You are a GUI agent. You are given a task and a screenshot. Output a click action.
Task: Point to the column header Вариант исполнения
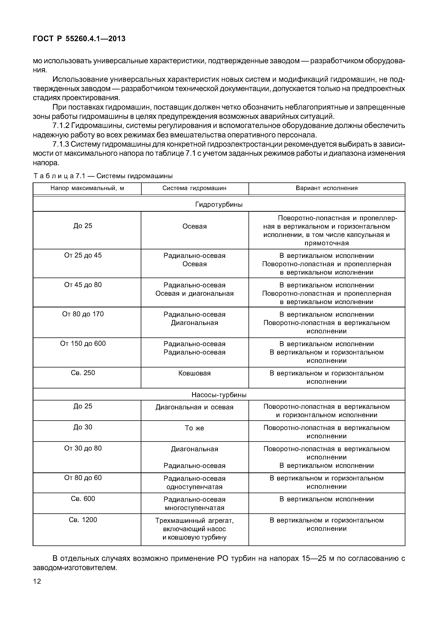[327, 188]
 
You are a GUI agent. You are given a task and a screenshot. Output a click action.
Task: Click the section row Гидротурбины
[219, 205]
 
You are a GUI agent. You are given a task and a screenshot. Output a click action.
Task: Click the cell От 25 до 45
[83, 255]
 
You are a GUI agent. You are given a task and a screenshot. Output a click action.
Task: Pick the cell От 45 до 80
[83, 285]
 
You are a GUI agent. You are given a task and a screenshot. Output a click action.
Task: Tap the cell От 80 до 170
[83, 314]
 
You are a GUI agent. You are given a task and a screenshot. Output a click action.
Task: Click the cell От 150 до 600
[83, 344]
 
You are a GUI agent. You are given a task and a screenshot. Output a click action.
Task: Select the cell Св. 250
[83, 373]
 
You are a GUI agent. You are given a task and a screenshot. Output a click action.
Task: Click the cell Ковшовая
[194, 373]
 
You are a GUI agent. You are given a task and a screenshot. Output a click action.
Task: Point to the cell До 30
[83, 427]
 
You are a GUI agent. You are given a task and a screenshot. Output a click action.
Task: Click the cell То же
[194, 428]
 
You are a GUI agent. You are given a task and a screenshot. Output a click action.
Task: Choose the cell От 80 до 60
[83, 478]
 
